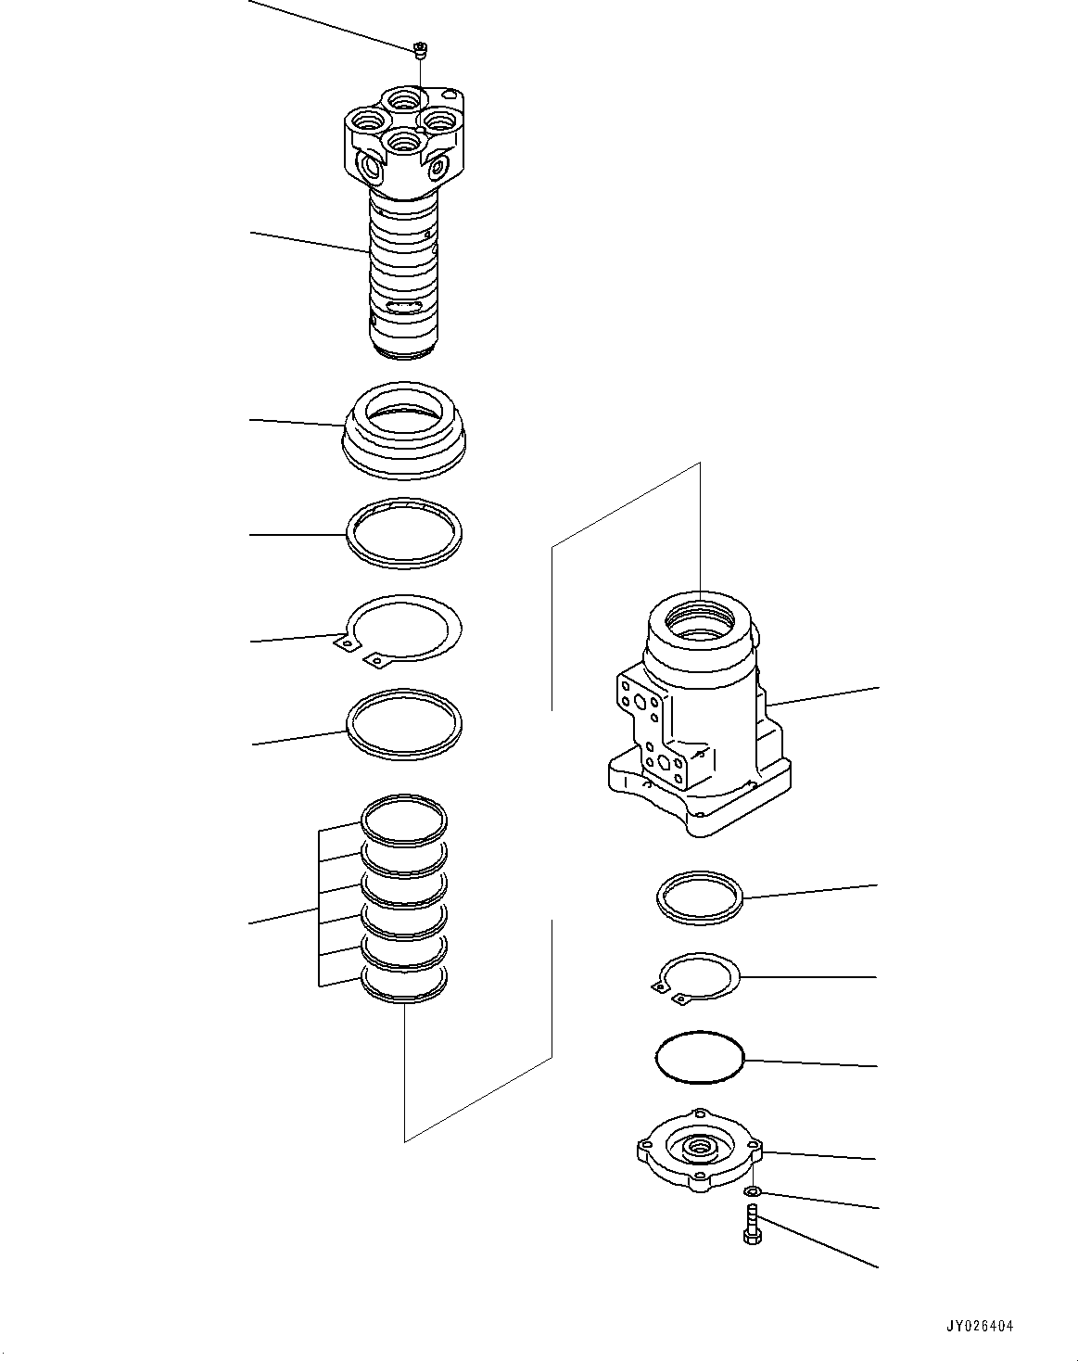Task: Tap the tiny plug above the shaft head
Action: click(x=420, y=50)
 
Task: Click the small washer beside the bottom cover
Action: click(x=754, y=1190)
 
